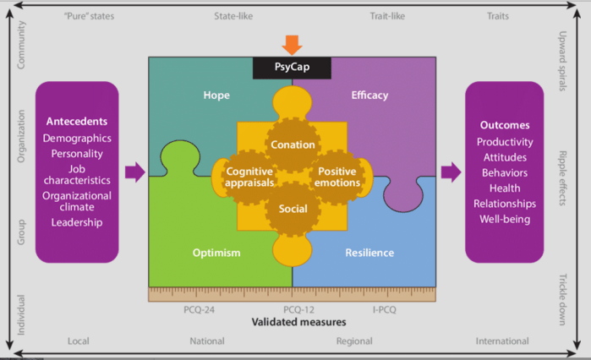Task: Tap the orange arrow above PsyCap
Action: tap(292, 45)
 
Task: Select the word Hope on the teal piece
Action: tap(216, 95)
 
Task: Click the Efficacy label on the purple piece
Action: tap(369, 95)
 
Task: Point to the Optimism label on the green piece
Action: tap(216, 253)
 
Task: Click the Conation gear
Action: tap(293, 145)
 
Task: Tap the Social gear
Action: tap(293, 209)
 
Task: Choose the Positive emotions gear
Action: tap(337, 177)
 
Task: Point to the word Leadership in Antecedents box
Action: tap(77, 222)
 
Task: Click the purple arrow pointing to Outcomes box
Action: tap(451, 172)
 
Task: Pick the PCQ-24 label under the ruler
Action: tap(200, 310)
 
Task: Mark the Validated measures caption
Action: tap(293, 322)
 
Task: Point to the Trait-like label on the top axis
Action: tap(391, 16)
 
